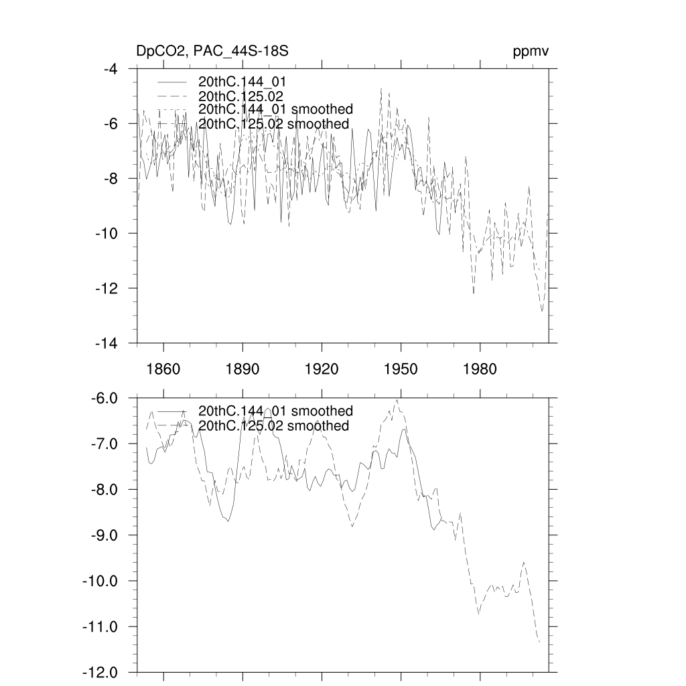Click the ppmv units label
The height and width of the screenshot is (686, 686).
click(x=531, y=52)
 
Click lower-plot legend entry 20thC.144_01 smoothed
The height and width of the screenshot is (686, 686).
click(x=275, y=411)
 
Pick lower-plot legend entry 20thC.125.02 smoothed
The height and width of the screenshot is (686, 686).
click(x=274, y=426)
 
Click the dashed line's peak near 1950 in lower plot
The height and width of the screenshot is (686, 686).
click(x=397, y=400)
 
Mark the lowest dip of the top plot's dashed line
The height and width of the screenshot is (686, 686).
click(x=542, y=312)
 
